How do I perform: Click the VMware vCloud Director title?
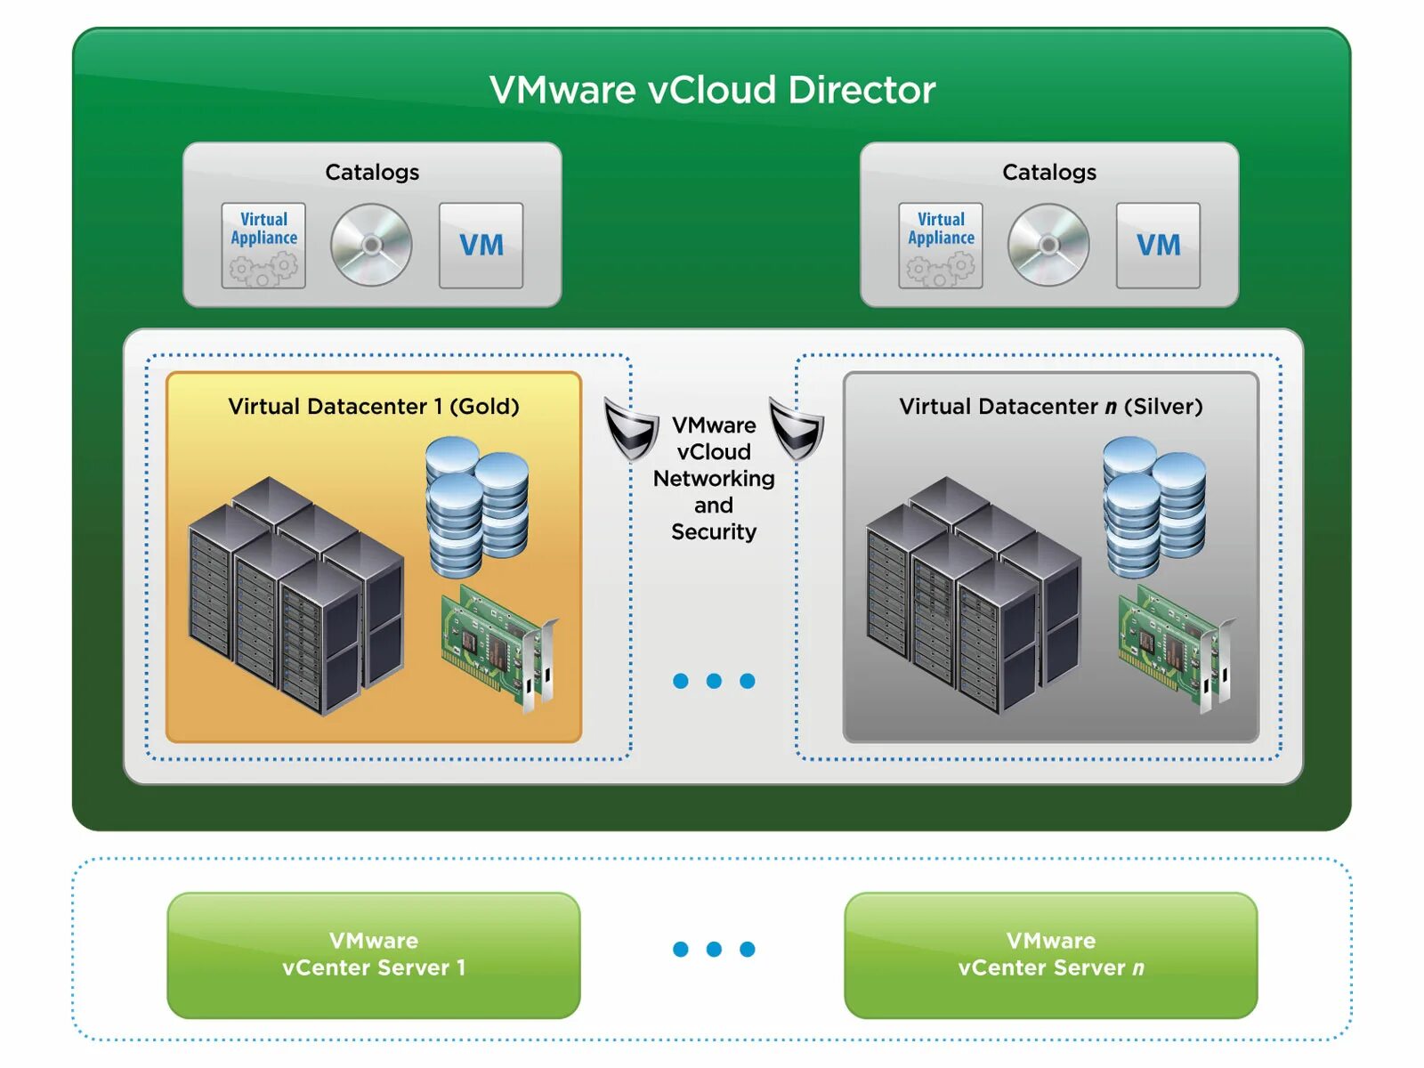(712, 90)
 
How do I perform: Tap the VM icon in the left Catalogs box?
(481, 245)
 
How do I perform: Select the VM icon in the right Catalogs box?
(1158, 245)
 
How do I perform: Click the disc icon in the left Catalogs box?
(371, 245)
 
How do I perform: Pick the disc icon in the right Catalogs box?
(1048, 245)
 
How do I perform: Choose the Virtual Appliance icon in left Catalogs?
(263, 245)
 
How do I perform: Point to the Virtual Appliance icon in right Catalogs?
(941, 245)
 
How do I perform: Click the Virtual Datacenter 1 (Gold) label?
(374, 407)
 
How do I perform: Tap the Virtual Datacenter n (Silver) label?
(1050, 407)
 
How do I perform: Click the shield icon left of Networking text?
(631, 429)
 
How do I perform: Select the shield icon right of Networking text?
(797, 429)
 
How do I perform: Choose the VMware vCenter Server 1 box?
(374, 954)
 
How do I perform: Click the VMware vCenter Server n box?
(1050, 954)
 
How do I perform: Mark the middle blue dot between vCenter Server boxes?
(714, 949)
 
